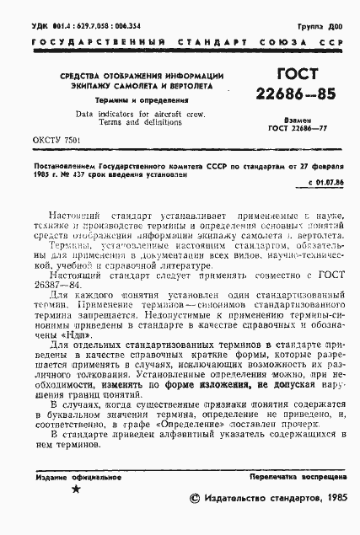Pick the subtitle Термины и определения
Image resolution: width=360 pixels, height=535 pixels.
pyautogui.click(x=128, y=99)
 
